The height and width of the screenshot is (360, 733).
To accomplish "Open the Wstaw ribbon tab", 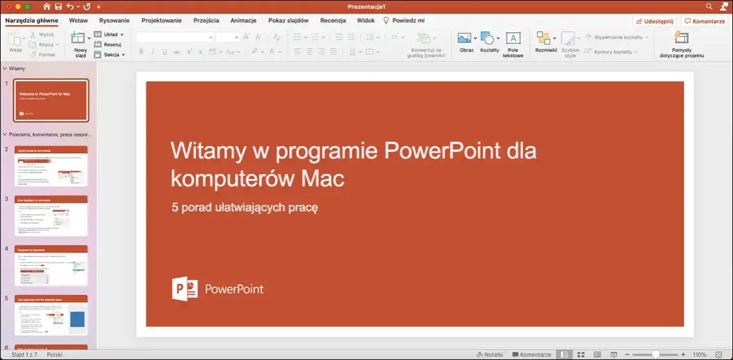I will (x=79, y=21).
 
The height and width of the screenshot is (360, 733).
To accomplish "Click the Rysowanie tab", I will (x=114, y=21).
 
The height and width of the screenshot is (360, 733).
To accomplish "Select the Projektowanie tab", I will (x=162, y=21).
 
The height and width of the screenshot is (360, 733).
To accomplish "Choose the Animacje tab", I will (x=243, y=21).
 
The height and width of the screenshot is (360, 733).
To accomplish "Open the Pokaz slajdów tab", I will (x=288, y=21).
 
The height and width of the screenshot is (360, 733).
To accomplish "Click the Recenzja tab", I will (x=333, y=21).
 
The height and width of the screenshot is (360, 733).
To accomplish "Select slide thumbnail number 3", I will (x=51, y=216).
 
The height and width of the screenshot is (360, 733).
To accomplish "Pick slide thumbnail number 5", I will (x=51, y=315).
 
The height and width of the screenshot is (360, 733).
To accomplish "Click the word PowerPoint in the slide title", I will (x=441, y=151).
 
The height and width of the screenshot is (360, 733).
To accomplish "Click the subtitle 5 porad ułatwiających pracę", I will (x=245, y=207).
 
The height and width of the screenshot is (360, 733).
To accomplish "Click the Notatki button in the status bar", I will (x=489, y=355).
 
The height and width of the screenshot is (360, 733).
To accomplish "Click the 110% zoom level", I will (x=700, y=355).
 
